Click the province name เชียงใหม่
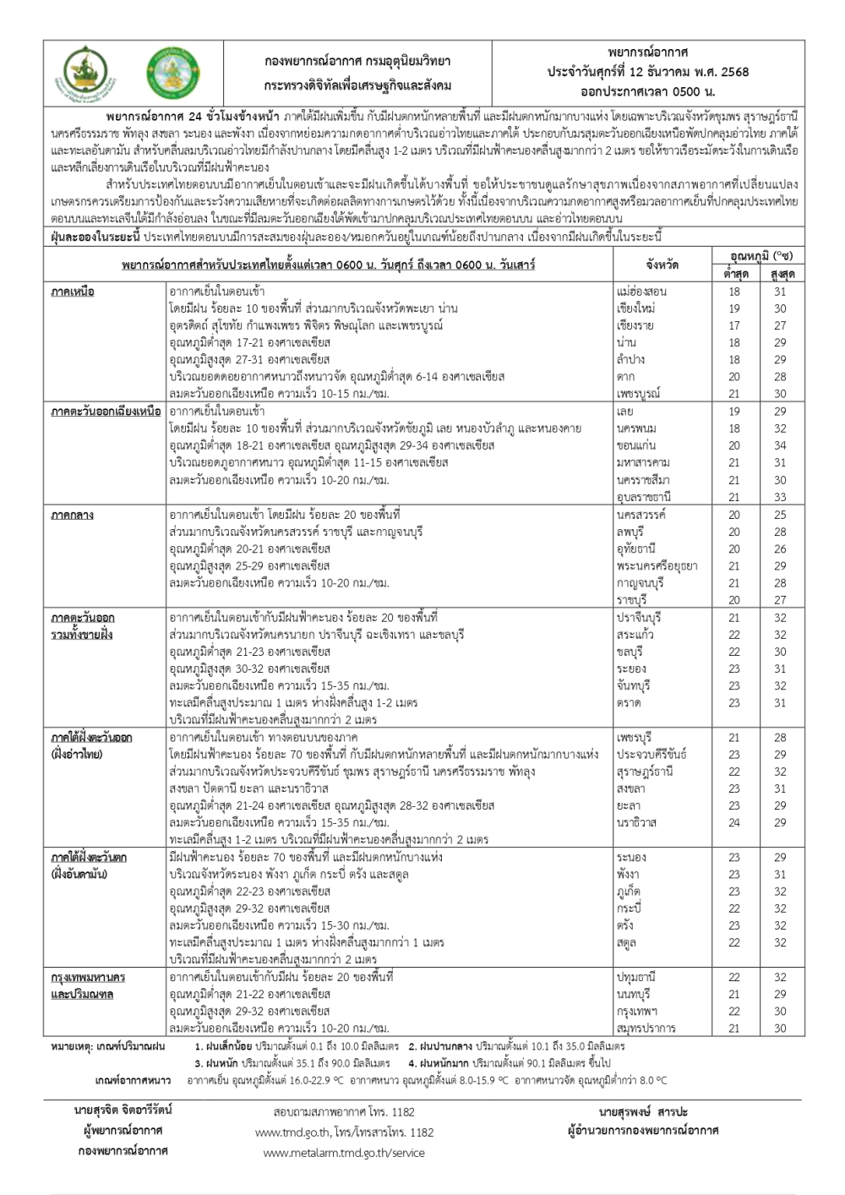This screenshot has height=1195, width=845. [x=636, y=308]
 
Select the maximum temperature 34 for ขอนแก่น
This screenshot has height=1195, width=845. [x=779, y=445]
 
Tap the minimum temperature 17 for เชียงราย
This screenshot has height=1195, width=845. [x=733, y=325]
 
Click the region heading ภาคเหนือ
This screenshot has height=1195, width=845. [x=73, y=292]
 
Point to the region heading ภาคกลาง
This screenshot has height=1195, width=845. [x=73, y=515]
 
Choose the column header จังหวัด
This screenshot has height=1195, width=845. [x=662, y=265]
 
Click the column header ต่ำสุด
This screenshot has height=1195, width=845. [x=733, y=274]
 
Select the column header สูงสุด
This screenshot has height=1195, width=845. [x=779, y=274]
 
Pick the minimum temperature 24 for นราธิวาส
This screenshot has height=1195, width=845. [x=733, y=822]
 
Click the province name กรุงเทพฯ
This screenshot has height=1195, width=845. [x=637, y=1012]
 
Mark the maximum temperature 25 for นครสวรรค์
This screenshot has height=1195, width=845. [x=779, y=515]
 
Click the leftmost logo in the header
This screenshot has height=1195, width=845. [x=86, y=74]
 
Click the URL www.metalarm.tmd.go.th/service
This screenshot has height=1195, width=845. [x=344, y=1153]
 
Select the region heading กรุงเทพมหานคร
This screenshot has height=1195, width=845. [x=88, y=977]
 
